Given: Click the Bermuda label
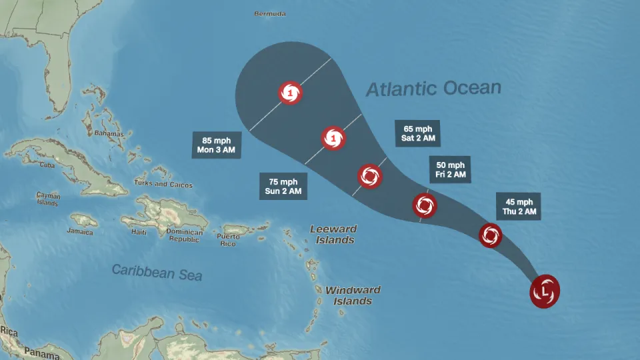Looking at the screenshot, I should click(270, 13).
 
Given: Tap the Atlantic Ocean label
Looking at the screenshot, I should click(433, 89).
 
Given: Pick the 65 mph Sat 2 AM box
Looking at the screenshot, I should click(418, 133).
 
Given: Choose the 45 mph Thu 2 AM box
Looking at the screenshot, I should click(519, 207).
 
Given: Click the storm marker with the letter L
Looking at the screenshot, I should click(545, 291).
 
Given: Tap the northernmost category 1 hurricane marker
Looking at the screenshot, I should click(290, 93).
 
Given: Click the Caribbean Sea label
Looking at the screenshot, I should click(157, 271).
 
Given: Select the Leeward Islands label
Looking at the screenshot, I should click(333, 234).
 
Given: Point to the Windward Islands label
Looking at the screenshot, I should click(353, 295).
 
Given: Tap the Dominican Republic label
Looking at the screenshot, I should click(185, 235).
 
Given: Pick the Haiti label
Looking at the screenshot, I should click(139, 232).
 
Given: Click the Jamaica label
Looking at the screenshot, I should click(79, 231).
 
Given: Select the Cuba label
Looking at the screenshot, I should click(47, 165).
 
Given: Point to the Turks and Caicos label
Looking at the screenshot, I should click(163, 185).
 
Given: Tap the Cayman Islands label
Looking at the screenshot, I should click(48, 199).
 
